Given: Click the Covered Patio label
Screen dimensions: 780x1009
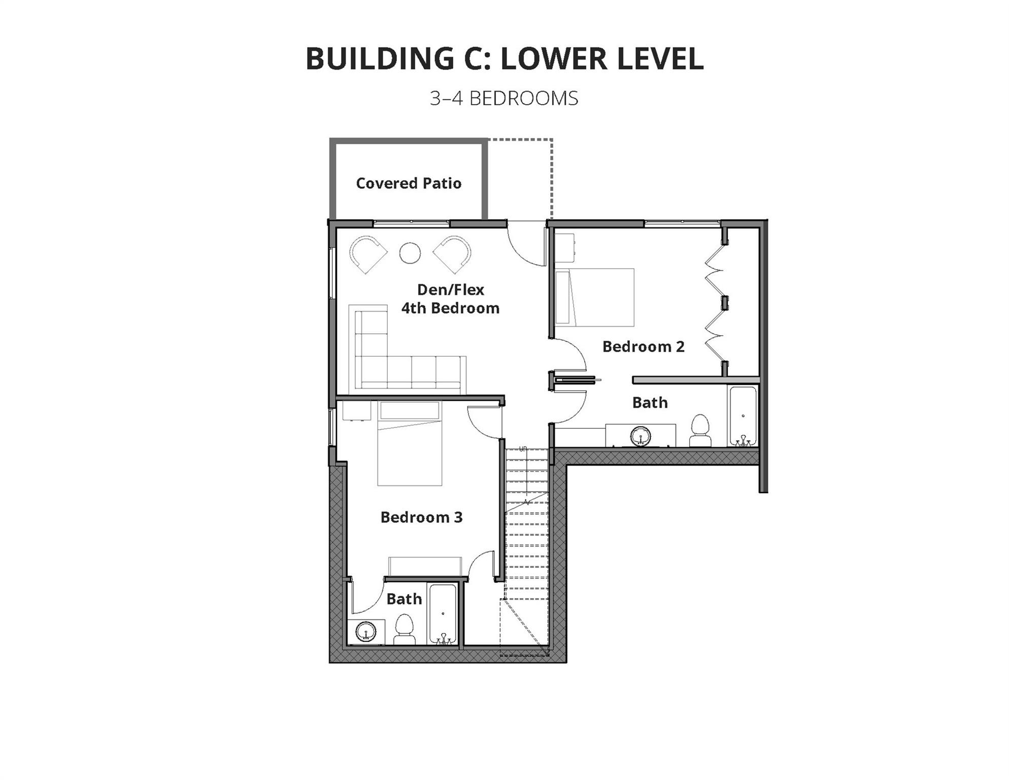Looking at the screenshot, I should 409,183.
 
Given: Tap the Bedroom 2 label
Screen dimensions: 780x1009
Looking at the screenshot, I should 643,347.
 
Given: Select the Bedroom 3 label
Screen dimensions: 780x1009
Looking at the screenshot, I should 421,517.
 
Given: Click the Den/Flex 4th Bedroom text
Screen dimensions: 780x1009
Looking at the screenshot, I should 450,299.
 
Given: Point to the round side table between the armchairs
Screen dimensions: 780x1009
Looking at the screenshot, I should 410,253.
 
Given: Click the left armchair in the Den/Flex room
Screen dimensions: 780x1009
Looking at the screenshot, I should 367,253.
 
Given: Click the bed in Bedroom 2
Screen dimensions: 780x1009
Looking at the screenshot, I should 595,298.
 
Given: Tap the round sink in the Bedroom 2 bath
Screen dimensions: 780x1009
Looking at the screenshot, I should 641,436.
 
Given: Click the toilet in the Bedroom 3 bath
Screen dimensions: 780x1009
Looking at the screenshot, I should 405,630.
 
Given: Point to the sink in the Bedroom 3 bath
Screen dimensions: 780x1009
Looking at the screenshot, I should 365,632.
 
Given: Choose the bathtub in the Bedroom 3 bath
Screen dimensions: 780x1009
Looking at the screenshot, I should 444,614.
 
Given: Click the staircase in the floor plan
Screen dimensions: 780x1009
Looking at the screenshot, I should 527,523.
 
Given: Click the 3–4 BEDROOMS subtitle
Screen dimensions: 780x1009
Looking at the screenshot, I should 504,99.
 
